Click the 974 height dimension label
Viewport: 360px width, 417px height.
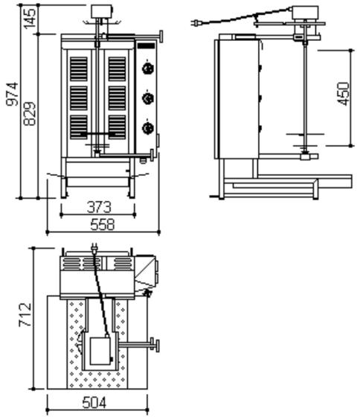click(13, 94)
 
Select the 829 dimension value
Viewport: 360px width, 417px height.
click(30, 113)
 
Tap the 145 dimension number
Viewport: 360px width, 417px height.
click(30, 18)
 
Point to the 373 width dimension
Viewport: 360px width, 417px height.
click(99, 207)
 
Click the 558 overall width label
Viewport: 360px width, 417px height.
click(103, 225)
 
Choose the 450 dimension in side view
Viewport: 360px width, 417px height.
click(343, 94)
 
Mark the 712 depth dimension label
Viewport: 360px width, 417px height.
click(25, 314)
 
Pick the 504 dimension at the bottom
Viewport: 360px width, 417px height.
click(94, 402)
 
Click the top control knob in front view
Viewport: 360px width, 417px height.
click(148, 69)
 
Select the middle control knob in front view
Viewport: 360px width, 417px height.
click(148, 98)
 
